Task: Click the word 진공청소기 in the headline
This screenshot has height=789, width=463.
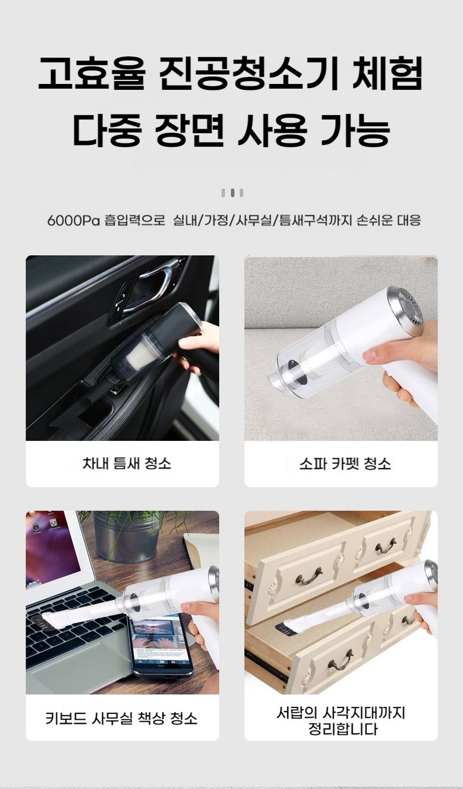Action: [245, 73]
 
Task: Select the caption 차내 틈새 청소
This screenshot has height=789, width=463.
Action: [127, 463]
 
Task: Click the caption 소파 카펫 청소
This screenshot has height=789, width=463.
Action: [345, 463]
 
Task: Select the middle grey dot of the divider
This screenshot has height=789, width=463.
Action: [232, 193]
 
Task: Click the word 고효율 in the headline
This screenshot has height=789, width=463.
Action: [91, 73]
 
